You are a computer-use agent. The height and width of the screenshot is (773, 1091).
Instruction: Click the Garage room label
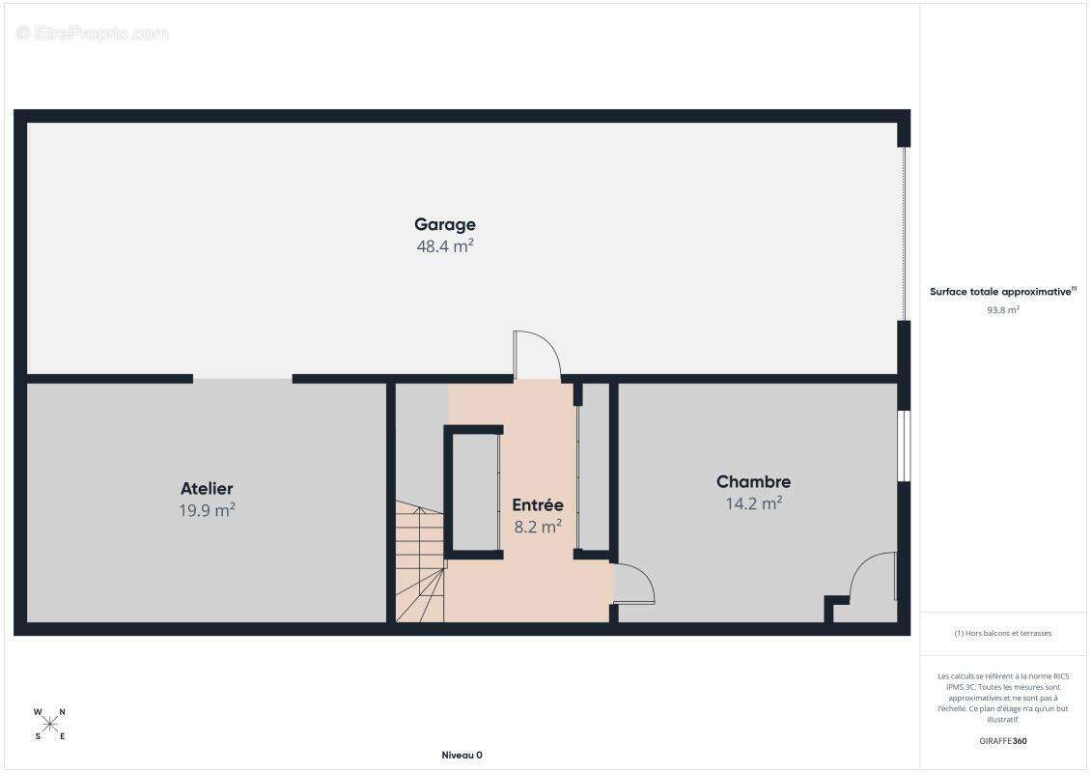[445, 224]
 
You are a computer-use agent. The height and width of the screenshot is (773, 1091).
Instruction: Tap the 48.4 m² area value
[445, 245]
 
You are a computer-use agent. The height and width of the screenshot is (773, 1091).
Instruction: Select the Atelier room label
[207, 488]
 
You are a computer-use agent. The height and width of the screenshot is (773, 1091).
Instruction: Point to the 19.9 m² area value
[207, 510]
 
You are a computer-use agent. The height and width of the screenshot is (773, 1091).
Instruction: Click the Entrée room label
[538, 505]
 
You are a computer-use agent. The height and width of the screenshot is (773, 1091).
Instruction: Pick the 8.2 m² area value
[538, 527]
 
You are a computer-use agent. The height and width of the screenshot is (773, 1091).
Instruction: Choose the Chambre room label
[753, 481]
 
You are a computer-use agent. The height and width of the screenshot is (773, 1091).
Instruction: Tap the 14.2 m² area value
[753, 502]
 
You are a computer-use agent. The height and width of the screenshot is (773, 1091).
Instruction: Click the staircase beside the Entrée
[420, 561]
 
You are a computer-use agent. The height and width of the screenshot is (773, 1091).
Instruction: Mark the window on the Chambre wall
[904, 445]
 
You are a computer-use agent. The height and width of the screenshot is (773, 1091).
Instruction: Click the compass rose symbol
[49, 725]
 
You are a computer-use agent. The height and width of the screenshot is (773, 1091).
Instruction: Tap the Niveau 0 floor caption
[462, 755]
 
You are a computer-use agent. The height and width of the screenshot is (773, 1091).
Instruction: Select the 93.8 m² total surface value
[1002, 310]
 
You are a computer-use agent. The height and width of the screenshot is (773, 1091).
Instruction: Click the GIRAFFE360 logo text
[1002, 741]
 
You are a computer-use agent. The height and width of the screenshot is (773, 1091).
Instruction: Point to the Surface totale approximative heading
[1002, 292]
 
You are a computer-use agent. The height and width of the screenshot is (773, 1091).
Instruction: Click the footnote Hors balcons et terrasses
[1002, 633]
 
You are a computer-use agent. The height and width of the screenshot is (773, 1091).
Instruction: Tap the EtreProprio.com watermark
[92, 33]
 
